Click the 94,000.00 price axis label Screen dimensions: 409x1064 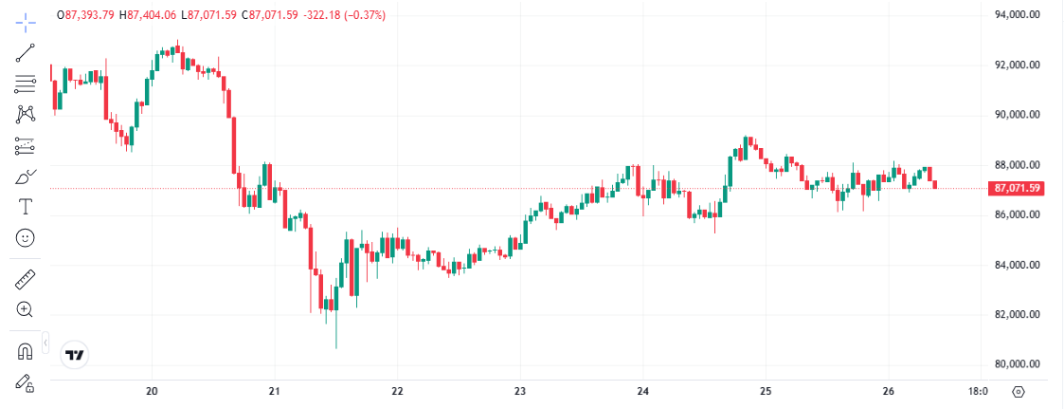1017,15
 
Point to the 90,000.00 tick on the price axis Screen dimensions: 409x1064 1017,115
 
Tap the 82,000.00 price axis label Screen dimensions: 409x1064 1017,315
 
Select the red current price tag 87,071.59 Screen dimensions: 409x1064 1017,188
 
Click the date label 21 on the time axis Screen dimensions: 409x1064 275,391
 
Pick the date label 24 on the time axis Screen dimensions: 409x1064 643,391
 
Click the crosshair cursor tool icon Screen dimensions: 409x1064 26,20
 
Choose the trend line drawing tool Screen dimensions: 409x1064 26,52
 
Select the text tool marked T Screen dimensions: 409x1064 26,206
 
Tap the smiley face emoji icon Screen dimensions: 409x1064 26,237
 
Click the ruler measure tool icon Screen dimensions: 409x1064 26,279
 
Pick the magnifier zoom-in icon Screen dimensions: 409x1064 26,309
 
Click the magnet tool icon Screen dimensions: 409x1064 26,351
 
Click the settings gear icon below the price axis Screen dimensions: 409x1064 1019,391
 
